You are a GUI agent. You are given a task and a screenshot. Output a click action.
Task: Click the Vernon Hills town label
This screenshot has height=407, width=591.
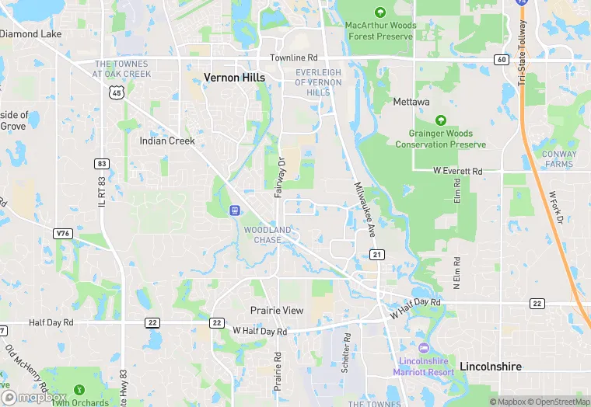click(x=234, y=78)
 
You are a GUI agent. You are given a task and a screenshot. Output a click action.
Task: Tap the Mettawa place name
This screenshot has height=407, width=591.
click(x=411, y=101)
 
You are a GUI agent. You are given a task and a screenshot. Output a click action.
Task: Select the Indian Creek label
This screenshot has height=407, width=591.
click(x=167, y=141)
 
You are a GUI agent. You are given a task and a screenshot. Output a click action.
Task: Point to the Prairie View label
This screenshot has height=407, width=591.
click(x=277, y=310)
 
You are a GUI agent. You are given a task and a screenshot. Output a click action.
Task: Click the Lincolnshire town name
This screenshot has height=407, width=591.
click(x=491, y=366)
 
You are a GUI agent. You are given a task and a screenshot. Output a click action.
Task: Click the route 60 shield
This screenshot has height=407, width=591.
click(x=501, y=60)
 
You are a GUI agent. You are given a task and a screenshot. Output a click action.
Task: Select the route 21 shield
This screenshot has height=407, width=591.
click(x=377, y=255)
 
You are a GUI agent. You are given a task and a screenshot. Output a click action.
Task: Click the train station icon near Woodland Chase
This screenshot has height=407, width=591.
click(x=234, y=210)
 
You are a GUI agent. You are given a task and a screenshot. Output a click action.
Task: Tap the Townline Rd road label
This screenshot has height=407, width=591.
click(x=294, y=58)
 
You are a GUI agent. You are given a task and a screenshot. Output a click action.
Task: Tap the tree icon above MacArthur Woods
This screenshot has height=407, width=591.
click(x=380, y=12)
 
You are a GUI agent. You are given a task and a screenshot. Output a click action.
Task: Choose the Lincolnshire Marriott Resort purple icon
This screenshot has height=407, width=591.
click(x=424, y=347)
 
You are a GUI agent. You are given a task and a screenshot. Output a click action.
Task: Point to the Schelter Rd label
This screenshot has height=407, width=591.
click(x=346, y=353)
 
